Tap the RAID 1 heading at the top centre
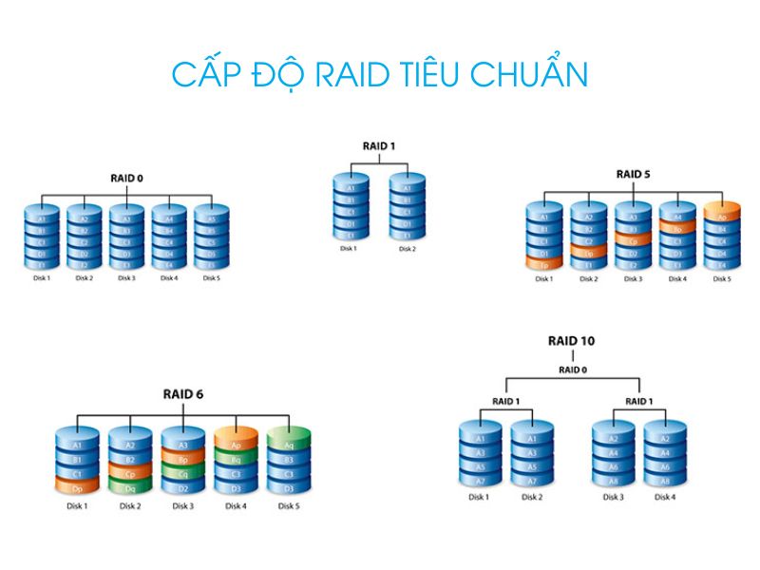tap(378, 145)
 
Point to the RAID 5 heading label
tap(632, 174)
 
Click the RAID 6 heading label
tap(183, 393)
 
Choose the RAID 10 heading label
tap(572, 340)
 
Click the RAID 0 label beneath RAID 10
tap(572, 370)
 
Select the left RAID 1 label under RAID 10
tap(505, 401)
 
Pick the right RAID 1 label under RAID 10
tap(638, 401)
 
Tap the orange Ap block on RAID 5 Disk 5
tap(722, 217)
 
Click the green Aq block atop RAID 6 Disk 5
tap(290, 445)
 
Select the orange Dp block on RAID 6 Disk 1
tap(78, 486)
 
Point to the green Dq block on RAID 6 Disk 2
tap(130, 486)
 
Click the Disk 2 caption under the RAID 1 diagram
tap(408, 249)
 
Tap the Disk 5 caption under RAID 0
tap(211, 278)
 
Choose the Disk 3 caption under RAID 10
tap(613, 497)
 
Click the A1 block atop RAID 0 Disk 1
tap(41, 218)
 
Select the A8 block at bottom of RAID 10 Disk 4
tap(666, 481)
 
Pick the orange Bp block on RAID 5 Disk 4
tap(677, 229)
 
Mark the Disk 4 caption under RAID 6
tap(237, 506)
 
